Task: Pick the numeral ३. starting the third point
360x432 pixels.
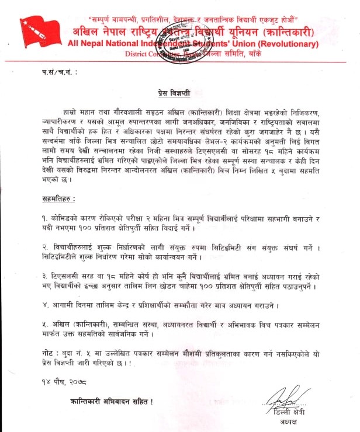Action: (38, 278)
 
